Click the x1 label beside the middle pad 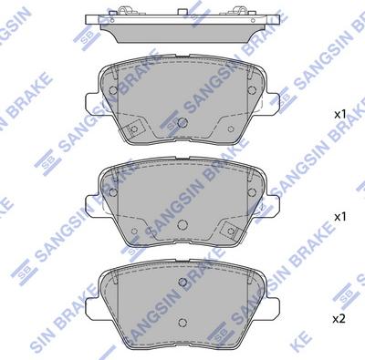[339, 217]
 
